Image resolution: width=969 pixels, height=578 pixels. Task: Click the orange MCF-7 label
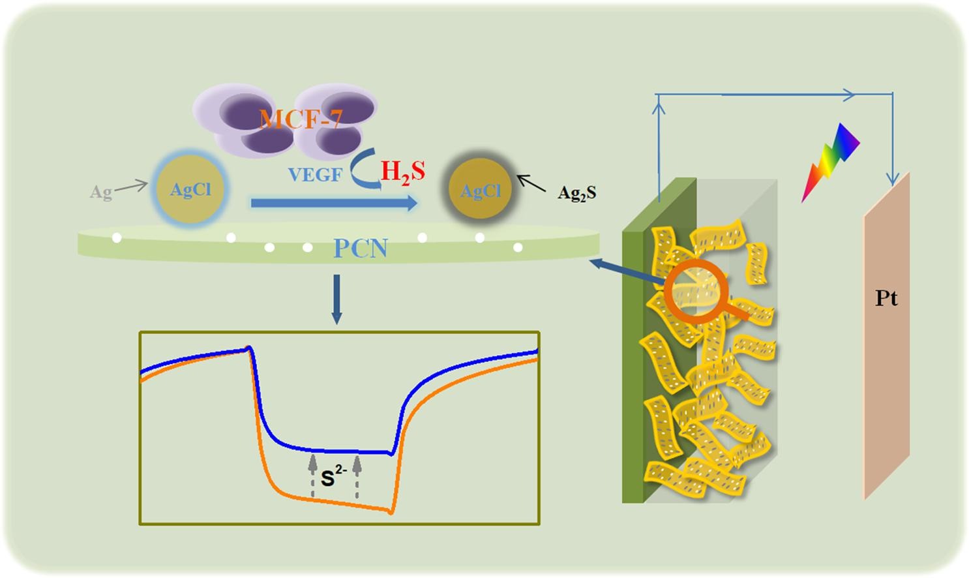click(301, 119)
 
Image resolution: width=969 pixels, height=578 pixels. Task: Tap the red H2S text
click(402, 172)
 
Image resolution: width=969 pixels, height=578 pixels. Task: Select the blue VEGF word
click(315, 175)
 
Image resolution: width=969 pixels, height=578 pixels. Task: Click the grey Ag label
click(100, 192)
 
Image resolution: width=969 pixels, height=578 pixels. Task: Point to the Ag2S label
click(576, 192)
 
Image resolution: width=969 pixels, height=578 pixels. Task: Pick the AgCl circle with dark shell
click(481, 190)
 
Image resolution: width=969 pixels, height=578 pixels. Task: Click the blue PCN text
click(361, 248)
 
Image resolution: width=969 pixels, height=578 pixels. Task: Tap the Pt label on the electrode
click(886, 298)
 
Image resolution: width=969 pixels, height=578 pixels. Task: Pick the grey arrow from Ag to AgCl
click(131, 187)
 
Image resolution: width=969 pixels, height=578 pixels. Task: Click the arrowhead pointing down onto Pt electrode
click(892, 177)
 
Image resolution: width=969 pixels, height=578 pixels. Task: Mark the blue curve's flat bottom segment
click(339, 451)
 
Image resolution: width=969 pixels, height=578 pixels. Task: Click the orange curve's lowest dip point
click(390, 512)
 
